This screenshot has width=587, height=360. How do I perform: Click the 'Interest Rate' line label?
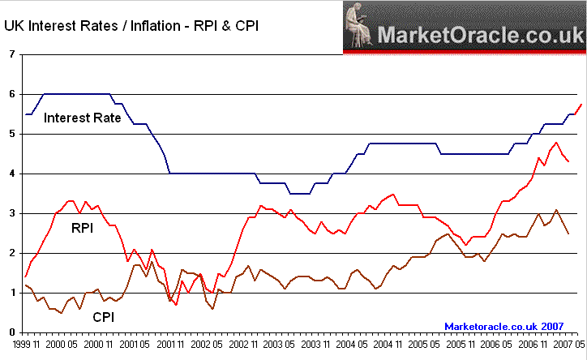[x=82, y=118]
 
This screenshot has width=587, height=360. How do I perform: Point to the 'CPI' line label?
[x=101, y=318]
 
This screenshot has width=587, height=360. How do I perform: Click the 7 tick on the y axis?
[x=11, y=54]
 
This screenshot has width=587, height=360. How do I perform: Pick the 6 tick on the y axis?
[x=11, y=94]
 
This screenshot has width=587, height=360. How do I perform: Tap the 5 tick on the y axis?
[x=11, y=134]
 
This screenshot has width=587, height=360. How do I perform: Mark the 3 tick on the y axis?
[x=11, y=213]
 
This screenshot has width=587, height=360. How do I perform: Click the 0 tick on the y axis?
[x=11, y=332]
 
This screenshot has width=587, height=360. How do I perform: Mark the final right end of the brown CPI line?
[x=568, y=234]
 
